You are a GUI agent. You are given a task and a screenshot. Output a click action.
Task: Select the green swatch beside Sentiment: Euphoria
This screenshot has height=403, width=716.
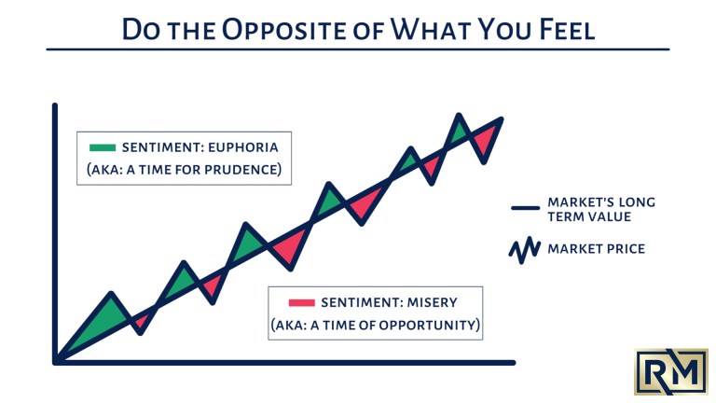(x=102, y=146)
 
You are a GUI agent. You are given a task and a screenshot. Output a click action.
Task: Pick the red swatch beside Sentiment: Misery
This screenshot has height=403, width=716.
(x=301, y=301)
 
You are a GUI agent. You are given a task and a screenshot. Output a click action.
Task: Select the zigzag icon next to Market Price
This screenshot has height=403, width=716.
(x=525, y=249)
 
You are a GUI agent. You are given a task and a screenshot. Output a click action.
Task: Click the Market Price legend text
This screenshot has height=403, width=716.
(x=596, y=249)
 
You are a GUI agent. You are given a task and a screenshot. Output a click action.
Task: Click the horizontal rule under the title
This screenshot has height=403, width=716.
(x=358, y=49)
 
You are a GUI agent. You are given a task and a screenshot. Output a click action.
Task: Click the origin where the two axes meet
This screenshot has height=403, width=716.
(x=56, y=361)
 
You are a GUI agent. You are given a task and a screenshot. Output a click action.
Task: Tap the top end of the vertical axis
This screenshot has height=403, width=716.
(x=56, y=105)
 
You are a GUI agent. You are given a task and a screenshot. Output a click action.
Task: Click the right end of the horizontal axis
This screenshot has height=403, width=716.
(x=513, y=361)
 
